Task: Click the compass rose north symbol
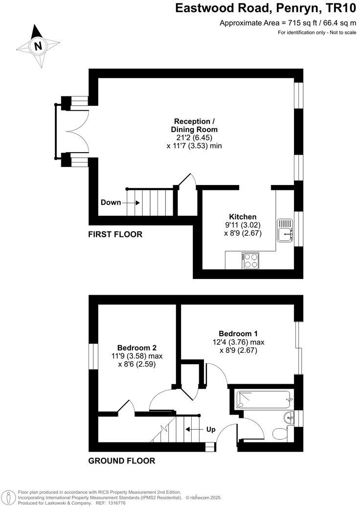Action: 37,46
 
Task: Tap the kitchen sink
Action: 285,230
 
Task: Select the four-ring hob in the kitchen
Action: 250,260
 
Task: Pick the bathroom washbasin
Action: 289,417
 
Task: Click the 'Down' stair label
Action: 111,203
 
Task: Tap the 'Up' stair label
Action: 211,430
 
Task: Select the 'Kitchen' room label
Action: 243,217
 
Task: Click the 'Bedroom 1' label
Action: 238,333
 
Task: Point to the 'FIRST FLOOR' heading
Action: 115,234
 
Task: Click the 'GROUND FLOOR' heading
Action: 121,461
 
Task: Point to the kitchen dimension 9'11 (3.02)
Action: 243,226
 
